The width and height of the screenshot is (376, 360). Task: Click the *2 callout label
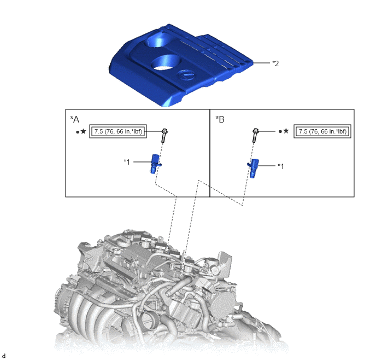tap(275, 63)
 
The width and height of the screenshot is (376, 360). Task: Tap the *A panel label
tap(74, 119)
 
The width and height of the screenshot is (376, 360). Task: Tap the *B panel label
tap(220, 119)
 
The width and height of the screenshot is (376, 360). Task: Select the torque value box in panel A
tap(118, 131)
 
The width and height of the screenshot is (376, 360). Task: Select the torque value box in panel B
tap(322, 131)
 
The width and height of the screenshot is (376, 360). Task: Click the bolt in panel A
tap(164, 135)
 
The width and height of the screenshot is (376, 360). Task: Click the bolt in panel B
tap(255, 135)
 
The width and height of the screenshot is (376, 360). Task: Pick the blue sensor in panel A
tap(155, 164)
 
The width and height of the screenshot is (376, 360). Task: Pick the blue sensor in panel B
tap(253, 169)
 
